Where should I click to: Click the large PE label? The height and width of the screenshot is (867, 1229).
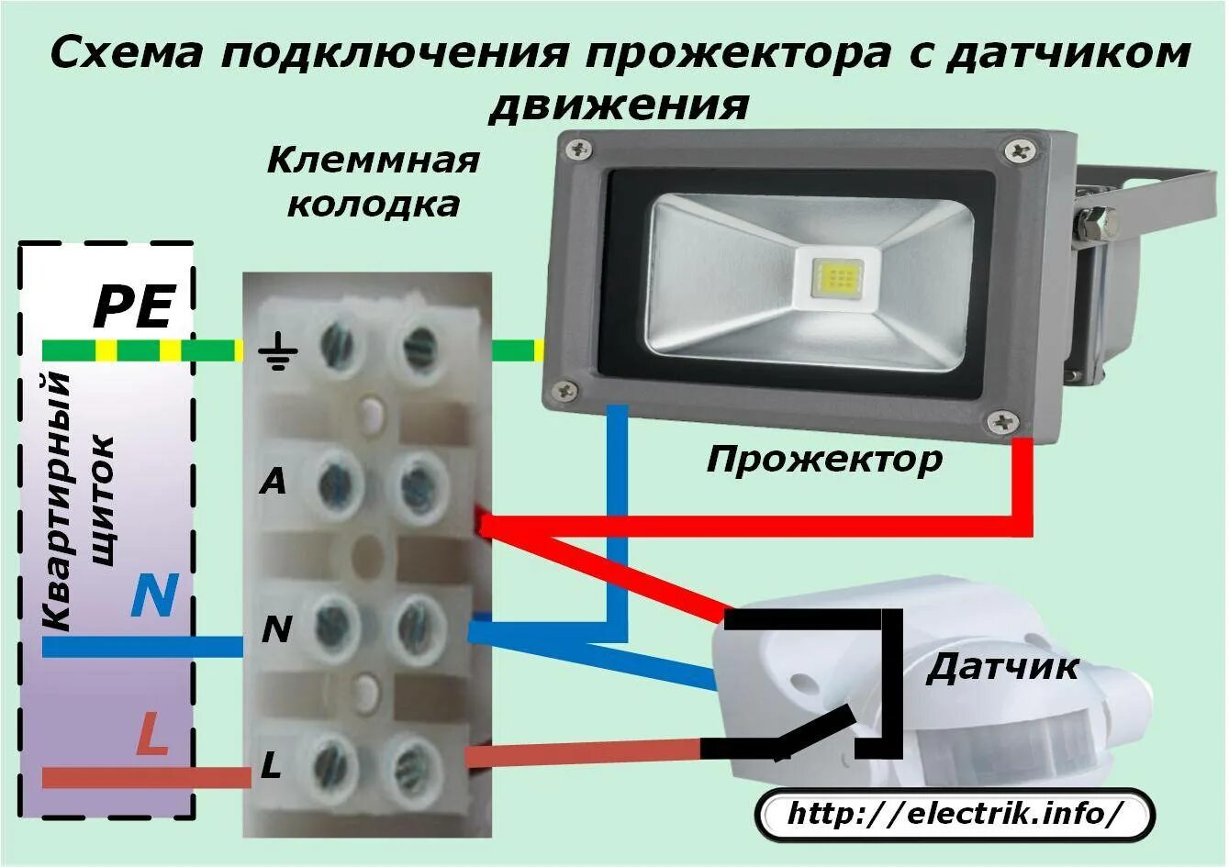tap(134, 306)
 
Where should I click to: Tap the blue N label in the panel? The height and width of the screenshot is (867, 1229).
tap(153, 596)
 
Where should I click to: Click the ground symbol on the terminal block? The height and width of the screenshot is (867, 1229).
tap(274, 352)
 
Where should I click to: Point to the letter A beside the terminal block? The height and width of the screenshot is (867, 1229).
tap(274, 480)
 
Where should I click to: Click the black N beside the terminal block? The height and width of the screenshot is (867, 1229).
tap(276, 629)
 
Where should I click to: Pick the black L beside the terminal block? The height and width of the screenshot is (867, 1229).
tap(271, 765)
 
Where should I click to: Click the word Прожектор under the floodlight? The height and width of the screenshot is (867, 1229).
tap(823, 459)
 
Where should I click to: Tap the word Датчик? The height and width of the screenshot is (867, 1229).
tap(1001, 667)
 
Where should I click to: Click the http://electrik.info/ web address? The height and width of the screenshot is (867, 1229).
tap(955, 813)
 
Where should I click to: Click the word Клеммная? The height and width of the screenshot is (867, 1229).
tap(374, 161)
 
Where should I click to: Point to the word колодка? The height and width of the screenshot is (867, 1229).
tap(374, 204)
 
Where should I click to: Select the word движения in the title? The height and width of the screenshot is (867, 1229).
tap(619, 106)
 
